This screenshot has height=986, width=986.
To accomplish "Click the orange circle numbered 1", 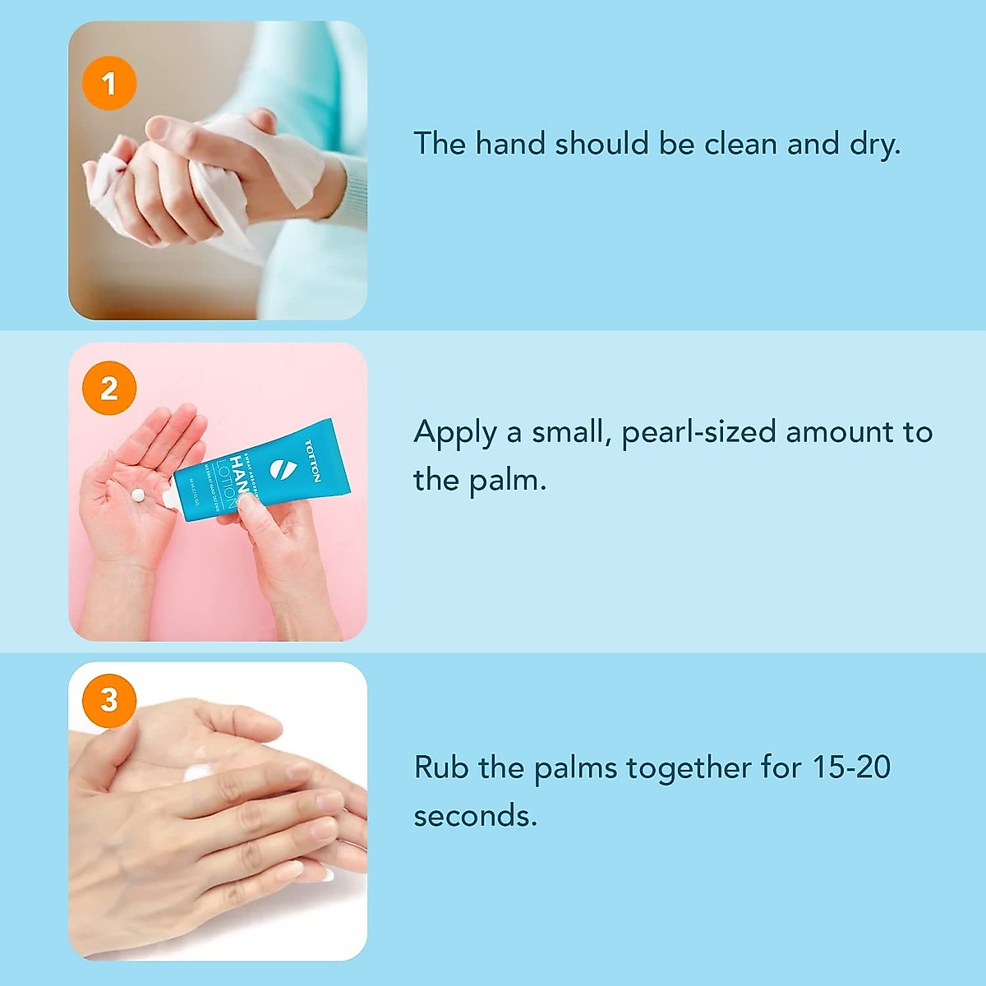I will coord(109,83).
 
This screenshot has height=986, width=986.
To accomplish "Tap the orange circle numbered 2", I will coord(109,388).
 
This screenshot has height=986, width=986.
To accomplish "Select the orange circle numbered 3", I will coord(109,700).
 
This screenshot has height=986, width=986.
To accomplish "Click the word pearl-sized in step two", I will coord(698,433).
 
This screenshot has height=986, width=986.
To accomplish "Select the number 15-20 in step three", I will coord(851,767).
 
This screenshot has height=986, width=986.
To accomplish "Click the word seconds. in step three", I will coord(475,816).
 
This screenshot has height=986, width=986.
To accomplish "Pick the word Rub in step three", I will coord(441,767).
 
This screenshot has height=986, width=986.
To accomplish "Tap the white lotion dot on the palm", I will coord(138,495).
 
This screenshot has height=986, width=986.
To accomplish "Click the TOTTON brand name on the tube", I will coord(312,461).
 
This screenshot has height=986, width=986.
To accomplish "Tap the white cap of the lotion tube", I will coord(169,498).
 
